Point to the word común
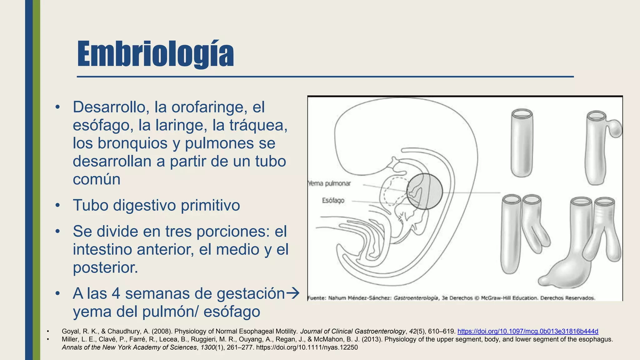coord(97,179)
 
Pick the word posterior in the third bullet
coord(105,267)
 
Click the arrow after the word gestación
coord(293,293)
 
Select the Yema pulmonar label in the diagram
coord(330,183)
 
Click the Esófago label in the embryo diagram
coord(333,200)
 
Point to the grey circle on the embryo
coord(425,191)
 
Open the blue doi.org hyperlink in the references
coord(528,331)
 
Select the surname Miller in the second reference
coord(70,339)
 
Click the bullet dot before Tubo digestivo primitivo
coord(57,206)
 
